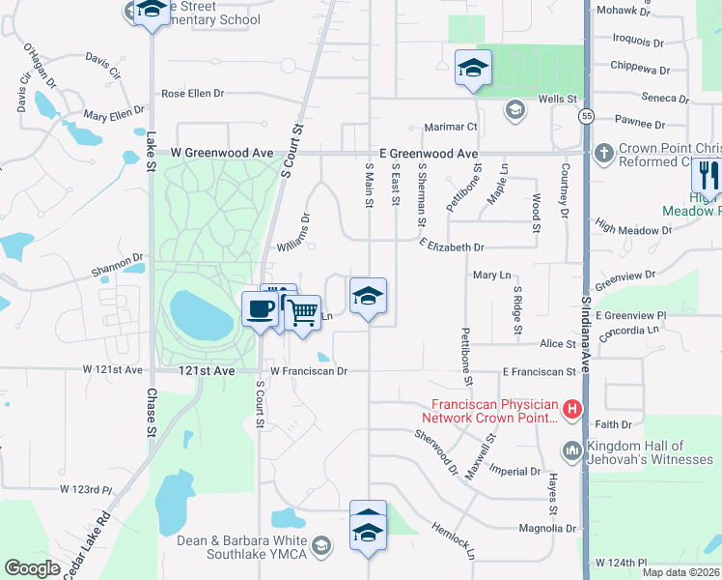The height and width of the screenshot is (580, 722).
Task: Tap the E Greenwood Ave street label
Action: click(429, 154)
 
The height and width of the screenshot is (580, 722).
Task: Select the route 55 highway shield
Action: click(586, 117)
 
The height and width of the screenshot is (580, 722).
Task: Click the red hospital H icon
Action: click(572, 410)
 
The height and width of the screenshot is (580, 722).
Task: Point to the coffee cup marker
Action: click(260, 309)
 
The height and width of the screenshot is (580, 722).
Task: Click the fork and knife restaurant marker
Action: click(708, 176)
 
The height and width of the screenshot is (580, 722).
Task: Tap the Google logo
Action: click(32, 568)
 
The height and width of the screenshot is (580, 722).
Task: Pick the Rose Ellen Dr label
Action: click(193, 94)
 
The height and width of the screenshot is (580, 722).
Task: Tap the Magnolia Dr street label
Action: click(546, 529)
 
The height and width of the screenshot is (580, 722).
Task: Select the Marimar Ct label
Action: click(451, 127)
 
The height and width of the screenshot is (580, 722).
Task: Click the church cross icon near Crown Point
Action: click(603, 153)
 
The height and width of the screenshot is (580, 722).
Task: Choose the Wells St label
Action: click(557, 100)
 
